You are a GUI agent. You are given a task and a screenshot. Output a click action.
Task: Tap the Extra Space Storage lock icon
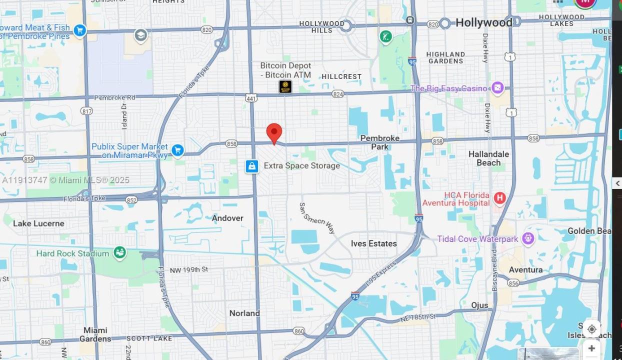[x=252, y=166]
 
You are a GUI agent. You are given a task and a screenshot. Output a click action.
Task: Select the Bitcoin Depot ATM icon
[x=285, y=86]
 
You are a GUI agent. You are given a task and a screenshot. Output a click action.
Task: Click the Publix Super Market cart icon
[x=177, y=150]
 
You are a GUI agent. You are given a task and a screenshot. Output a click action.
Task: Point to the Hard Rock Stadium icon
[x=119, y=253]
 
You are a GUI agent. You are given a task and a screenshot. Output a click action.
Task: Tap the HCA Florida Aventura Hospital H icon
[x=499, y=198]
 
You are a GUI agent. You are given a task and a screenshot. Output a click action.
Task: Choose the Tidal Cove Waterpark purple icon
[x=528, y=238]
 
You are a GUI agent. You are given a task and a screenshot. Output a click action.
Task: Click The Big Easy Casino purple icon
[x=497, y=88]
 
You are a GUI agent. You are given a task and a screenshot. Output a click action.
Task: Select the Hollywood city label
[x=483, y=22]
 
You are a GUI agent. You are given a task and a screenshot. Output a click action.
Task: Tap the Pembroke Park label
[x=380, y=142]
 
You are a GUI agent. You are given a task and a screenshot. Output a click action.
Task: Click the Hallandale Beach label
[x=488, y=158]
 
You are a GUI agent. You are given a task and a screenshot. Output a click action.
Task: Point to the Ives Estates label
[x=373, y=243]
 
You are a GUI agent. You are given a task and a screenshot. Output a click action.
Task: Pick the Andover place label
[x=227, y=218]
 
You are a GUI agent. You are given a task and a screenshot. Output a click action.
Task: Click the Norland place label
[x=244, y=313]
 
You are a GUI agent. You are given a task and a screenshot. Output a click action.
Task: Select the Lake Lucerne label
[x=38, y=223]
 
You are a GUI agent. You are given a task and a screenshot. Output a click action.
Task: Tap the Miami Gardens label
[x=95, y=334]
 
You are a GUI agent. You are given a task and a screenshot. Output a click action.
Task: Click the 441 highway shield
[x=251, y=98]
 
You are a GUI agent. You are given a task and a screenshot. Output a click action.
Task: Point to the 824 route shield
[x=338, y=94]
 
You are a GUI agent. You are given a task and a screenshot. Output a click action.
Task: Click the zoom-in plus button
[x=591, y=348]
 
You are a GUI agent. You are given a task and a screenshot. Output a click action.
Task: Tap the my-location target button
[x=591, y=329]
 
